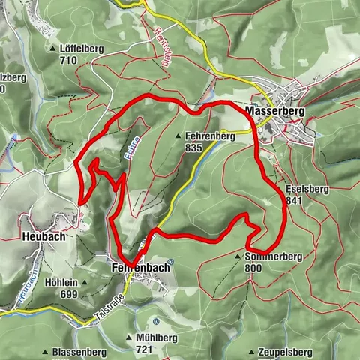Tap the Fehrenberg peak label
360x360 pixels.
pyautogui.click(x=209, y=136)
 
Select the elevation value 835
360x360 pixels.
pyautogui.click(x=193, y=148)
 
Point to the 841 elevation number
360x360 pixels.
pyautogui.click(x=295, y=201)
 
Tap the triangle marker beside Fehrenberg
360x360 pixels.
pyautogui.click(x=178, y=136)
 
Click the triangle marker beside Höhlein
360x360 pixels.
pyautogui.click(x=85, y=283)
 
